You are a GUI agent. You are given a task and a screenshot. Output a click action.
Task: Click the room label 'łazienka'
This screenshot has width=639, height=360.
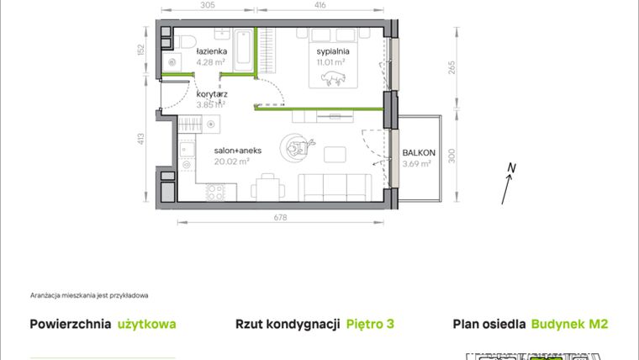click(210, 51)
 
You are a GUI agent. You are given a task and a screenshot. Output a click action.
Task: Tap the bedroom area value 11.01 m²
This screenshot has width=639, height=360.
click(332, 61)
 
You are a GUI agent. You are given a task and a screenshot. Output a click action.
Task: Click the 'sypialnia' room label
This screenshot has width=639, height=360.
click(333, 50)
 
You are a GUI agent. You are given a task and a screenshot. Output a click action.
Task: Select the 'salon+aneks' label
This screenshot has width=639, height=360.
click(238, 151)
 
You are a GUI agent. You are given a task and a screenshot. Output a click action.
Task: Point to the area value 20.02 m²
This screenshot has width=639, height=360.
click(231, 162)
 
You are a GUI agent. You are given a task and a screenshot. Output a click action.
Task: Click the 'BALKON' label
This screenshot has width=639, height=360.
click(418, 153)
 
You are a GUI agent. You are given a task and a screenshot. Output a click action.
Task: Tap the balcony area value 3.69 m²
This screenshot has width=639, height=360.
click(416, 164)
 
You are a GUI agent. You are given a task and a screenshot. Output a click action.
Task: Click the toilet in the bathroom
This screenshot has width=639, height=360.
click(189, 41)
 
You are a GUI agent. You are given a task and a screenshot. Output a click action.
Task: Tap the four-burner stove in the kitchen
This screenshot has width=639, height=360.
click(215, 192)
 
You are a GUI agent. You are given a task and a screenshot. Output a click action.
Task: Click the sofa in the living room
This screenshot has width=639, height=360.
click(334, 187)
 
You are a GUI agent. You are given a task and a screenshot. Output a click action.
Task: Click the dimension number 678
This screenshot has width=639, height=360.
click(281, 217)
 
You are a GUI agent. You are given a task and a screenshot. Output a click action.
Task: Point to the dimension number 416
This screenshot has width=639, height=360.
click(320, 5)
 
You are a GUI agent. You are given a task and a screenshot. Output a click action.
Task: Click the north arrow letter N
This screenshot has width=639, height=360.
click(510, 170)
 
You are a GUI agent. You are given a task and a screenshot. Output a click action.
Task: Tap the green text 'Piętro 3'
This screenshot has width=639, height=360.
click(371, 324)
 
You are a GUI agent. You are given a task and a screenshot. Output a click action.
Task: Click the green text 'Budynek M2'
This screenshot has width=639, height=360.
click(569, 324)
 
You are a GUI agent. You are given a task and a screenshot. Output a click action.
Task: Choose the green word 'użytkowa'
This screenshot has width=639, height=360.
click(147, 324)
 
